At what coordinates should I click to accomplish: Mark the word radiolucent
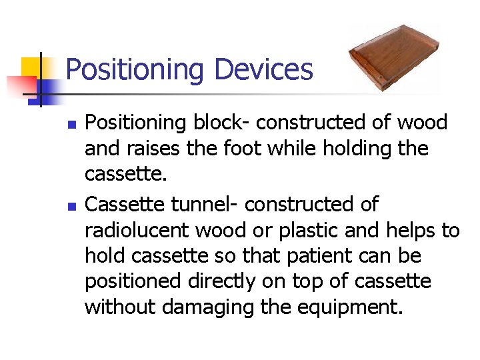(137, 231)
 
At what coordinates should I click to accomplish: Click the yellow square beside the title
(31, 67)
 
